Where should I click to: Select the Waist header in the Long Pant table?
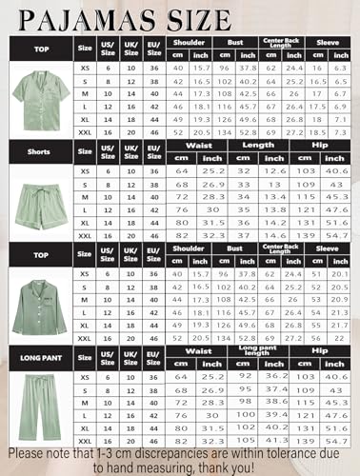click(197, 349)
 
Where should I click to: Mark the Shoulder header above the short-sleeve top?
click(190, 43)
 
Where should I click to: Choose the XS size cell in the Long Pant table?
click(85, 375)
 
